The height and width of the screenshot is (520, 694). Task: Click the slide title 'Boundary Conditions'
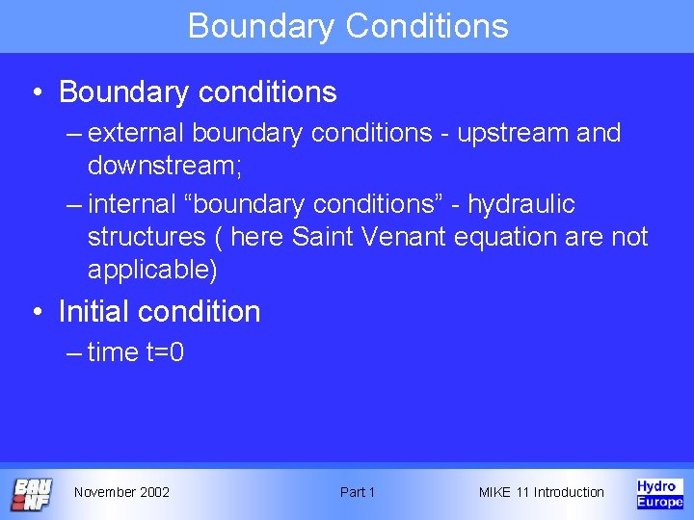(348, 25)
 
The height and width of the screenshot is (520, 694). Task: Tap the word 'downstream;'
(165, 166)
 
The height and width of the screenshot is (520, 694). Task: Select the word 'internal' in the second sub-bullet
(130, 205)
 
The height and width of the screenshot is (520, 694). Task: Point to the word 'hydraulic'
(521, 205)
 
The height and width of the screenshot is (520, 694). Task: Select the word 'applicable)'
(153, 270)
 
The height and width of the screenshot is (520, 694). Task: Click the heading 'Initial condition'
(159, 312)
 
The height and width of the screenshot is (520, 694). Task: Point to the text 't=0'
(165, 352)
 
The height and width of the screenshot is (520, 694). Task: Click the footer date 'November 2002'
(121, 492)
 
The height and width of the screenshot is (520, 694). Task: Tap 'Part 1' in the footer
(358, 492)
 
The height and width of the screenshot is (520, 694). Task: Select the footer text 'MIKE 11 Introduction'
(541, 492)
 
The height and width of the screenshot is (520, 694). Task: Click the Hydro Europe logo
(659, 493)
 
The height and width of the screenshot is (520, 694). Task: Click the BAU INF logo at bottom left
(32, 494)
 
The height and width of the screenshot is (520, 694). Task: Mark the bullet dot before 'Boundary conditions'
(36, 92)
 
